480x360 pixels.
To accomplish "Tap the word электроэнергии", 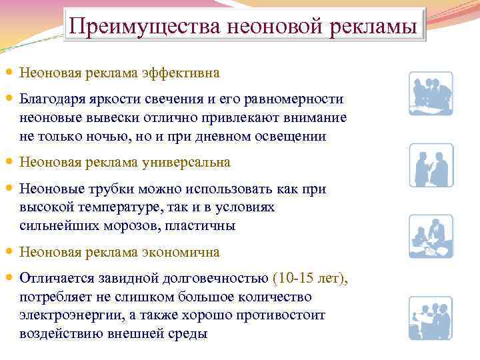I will pos(64,315).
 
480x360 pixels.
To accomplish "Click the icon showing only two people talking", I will pos(430,165).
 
